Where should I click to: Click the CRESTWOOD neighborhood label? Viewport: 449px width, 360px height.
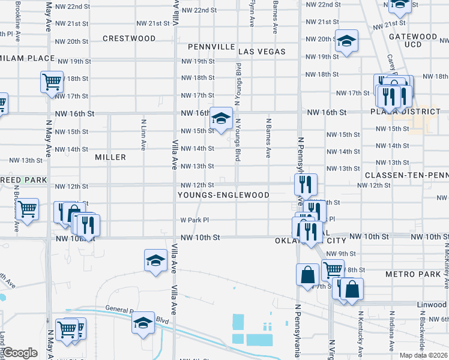pyautogui.click(x=129, y=38)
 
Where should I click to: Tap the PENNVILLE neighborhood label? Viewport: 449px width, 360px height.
pyautogui.click(x=211, y=46)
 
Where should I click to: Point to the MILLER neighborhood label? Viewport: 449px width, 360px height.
pyautogui.click(x=110, y=157)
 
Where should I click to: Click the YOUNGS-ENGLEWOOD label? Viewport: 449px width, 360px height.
pyautogui.click(x=223, y=196)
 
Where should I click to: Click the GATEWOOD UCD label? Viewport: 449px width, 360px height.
pyautogui.click(x=413, y=40)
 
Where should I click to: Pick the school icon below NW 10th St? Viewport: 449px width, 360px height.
pyautogui.click(x=155, y=261)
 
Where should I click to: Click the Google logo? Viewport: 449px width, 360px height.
pyautogui.click(x=19, y=353)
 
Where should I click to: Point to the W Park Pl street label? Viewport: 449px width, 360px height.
pyautogui.click(x=194, y=220)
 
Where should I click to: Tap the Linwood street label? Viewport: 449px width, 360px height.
pyautogui.click(x=433, y=305)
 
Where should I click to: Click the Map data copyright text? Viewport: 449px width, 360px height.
pyautogui.click(x=423, y=355)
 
